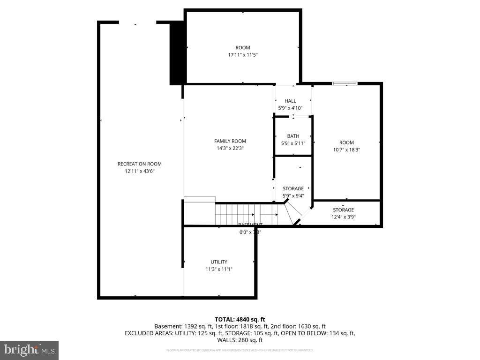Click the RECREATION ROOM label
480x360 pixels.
click(139, 164)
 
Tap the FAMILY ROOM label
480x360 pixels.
click(230, 141)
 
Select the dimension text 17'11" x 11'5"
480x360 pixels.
click(242, 55)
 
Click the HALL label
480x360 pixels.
click(290, 101)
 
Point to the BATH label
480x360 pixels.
click(293, 136)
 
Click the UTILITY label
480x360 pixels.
click(219, 262)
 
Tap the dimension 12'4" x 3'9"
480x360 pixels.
click(343, 217)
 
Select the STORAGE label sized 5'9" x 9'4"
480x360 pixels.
click(293, 188)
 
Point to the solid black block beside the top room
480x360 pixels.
click(176, 54)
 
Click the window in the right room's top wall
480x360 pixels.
click(345, 83)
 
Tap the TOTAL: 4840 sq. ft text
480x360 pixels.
click(240, 319)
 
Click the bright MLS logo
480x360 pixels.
click(29, 350)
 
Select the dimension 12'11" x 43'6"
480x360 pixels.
click(139, 172)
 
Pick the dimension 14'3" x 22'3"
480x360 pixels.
click(230, 148)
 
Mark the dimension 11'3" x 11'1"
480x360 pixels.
click(219, 269)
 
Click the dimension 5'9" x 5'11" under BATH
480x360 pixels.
click(293, 143)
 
